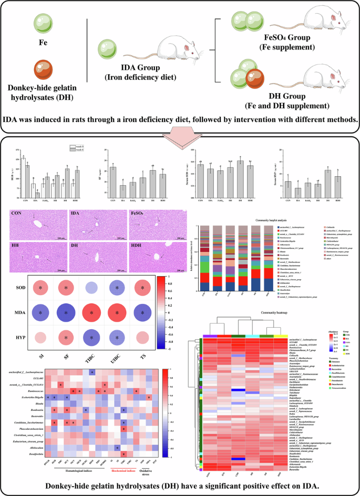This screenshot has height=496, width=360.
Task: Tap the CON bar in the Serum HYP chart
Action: (x=287, y=188)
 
